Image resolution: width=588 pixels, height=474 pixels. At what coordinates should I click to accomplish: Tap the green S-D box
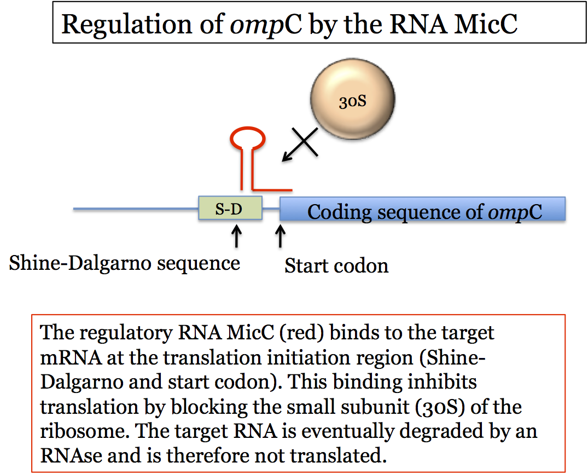click(230, 208)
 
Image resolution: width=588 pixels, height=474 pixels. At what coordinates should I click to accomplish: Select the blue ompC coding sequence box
click(423, 209)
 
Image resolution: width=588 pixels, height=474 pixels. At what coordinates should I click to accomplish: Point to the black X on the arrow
click(305, 142)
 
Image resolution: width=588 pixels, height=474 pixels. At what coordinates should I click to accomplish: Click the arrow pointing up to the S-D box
click(236, 236)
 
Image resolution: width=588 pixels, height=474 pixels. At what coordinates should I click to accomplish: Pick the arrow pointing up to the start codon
click(280, 236)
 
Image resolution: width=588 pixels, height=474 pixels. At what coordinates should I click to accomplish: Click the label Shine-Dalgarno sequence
click(125, 263)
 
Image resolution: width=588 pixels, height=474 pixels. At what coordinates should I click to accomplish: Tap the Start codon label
click(336, 265)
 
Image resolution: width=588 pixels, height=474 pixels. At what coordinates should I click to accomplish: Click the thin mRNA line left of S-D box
click(136, 209)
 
